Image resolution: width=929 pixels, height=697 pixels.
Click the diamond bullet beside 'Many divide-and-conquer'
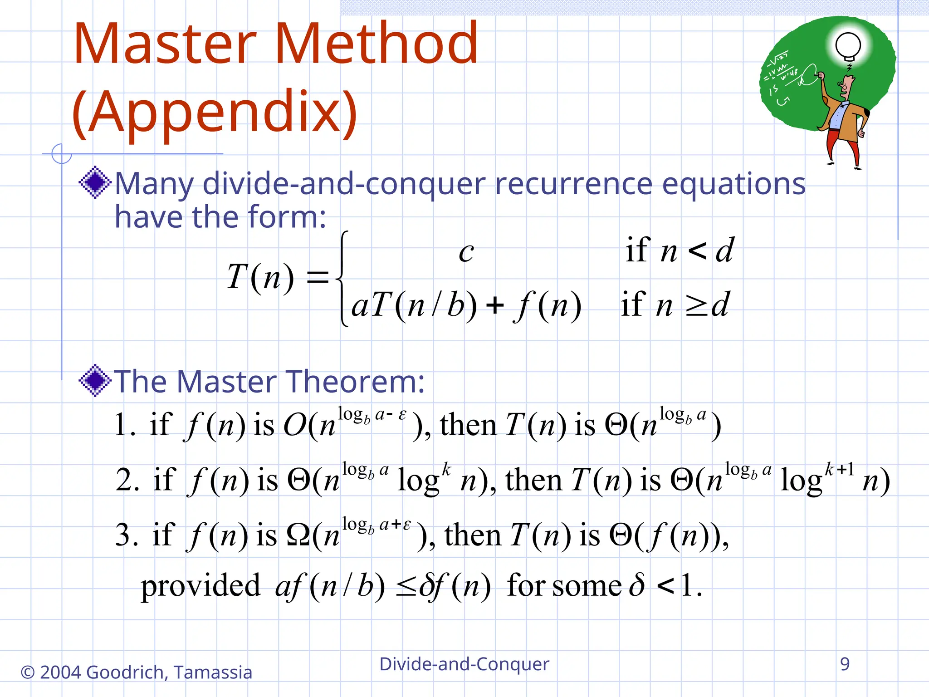click(x=95, y=182)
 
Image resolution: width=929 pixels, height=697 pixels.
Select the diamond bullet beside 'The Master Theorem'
click(x=95, y=380)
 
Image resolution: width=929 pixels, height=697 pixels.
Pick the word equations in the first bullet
click(x=733, y=185)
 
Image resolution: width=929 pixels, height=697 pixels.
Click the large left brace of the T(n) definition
click(x=343, y=278)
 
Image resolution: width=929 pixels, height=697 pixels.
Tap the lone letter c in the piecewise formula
click(x=466, y=252)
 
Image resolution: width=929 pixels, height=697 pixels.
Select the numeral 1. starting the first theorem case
click(x=124, y=426)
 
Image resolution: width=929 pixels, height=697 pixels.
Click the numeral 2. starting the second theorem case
click(x=127, y=480)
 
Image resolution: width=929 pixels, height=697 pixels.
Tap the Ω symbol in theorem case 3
click(x=298, y=535)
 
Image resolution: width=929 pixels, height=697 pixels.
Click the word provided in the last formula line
click(x=200, y=585)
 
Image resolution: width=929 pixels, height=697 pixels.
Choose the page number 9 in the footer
click(x=845, y=664)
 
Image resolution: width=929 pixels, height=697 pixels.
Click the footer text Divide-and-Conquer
click(x=464, y=664)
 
